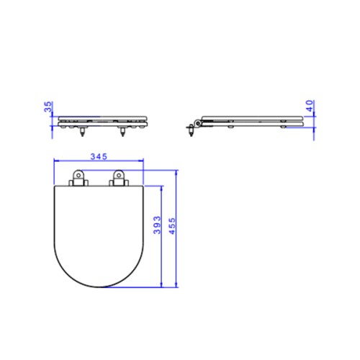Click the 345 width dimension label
[99, 156]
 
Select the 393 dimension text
[157, 225]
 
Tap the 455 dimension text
[172, 226]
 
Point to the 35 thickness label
[48, 107]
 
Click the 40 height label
[310, 106]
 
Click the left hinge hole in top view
[78, 176]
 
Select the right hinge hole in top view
[119, 176]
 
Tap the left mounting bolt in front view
[82, 132]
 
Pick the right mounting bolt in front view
[122, 132]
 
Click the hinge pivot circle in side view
[198, 123]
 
